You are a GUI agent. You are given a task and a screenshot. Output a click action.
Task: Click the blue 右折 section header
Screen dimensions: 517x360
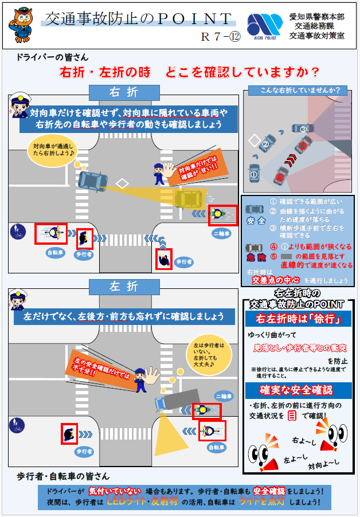(124, 92)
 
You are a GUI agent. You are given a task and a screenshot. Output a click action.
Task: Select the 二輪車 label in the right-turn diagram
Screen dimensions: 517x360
(222, 234)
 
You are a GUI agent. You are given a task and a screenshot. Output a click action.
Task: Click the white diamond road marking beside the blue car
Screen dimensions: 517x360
(122, 183)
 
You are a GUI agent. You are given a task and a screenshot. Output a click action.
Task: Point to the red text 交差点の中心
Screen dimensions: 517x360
(272, 280)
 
